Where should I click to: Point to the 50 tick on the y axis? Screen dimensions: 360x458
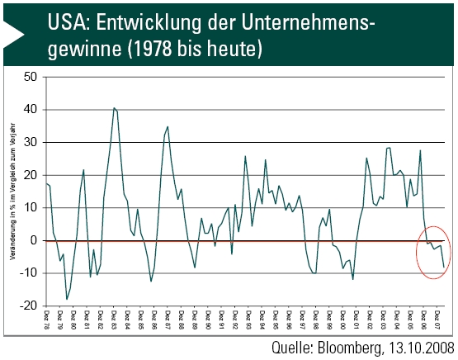[32, 77]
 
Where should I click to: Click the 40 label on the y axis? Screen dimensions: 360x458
[32, 110]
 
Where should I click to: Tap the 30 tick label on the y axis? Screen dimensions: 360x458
[32, 142]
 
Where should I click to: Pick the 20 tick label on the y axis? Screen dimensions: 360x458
[32, 175]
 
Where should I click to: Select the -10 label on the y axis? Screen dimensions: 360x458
[31, 272]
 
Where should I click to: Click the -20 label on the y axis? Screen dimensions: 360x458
[31, 306]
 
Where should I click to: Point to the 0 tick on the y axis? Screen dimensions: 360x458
[35, 240]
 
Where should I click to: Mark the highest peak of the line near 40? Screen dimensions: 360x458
[114, 107]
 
